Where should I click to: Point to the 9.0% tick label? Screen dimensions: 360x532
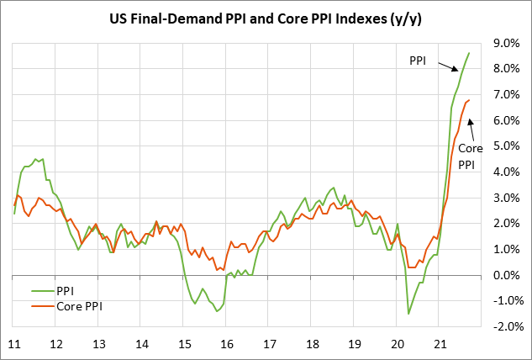(508, 42)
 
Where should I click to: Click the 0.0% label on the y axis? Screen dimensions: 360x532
(508, 275)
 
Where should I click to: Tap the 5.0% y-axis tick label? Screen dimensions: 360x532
(508, 146)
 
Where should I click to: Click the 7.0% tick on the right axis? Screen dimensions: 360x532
(508, 94)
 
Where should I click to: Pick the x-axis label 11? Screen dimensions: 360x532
(14, 344)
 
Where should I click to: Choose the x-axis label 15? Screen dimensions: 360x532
(183, 344)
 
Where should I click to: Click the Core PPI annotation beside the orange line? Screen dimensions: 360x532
(470, 156)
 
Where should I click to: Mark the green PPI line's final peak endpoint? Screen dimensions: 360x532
(469, 53)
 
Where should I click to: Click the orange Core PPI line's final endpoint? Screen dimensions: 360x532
(469, 101)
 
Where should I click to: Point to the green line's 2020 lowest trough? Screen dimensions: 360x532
(408, 314)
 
